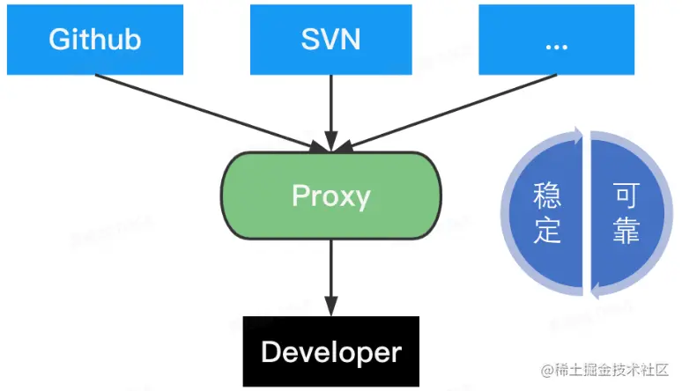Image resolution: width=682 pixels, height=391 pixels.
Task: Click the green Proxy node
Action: coord(330,195)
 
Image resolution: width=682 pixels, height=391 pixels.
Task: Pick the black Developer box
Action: coord(330,353)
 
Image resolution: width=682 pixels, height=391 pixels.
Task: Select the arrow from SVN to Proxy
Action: coord(330,110)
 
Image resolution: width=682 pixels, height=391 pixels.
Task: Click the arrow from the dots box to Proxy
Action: coord(449,109)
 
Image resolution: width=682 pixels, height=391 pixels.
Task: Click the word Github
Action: coord(95,40)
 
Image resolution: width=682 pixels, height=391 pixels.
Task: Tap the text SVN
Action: coord(331,40)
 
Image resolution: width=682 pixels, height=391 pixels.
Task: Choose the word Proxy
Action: coord(330,195)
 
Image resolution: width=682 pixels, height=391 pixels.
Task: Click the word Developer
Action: coord(330,353)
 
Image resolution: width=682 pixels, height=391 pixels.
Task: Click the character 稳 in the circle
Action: coord(547,195)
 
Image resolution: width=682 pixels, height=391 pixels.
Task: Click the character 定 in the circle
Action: coord(547,230)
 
